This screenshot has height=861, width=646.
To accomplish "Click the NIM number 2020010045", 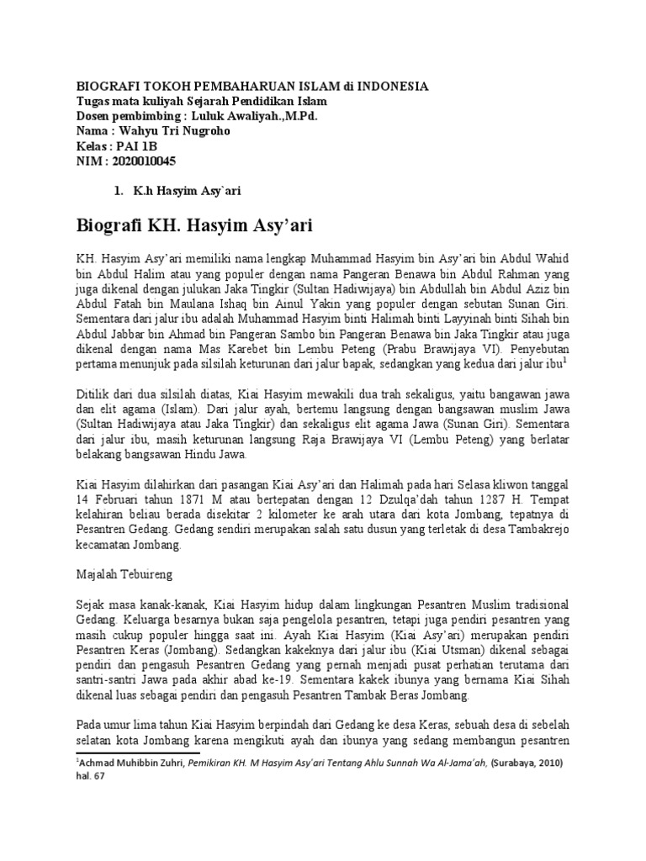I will pos(147,161).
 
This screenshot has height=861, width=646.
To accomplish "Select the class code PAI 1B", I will pos(133,145).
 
